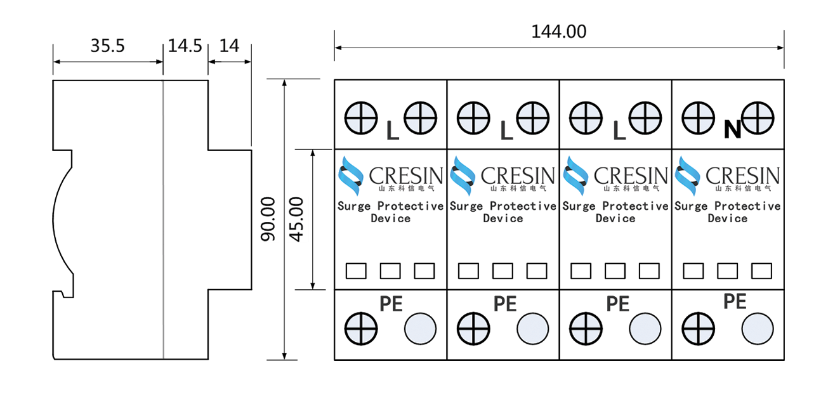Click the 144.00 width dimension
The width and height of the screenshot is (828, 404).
pyautogui.click(x=558, y=32)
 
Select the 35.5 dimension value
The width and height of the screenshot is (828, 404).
pyautogui.click(x=108, y=46)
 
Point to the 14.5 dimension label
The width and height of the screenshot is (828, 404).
pyautogui.click(x=185, y=46)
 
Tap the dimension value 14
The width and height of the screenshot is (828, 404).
pyautogui.click(x=229, y=46)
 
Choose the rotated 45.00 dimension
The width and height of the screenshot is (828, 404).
pyautogui.click(x=297, y=219)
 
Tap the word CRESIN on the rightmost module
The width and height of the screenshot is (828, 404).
pyautogui.click(x=742, y=175)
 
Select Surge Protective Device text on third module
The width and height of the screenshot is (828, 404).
pyautogui.click(x=615, y=212)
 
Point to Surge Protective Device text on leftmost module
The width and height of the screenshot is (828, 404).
pyautogui.click(x=390, y=212)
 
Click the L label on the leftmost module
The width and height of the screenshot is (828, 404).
pyautogui.click(x=393, y=130)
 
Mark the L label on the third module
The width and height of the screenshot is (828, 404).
pyautogui.click(x=620, y=130)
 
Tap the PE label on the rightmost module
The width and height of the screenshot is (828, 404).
pyautogui.click(x=735, y=301)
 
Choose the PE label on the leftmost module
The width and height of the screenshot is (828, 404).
pyautogui.click(x=391, y=303)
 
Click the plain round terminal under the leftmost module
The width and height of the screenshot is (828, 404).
pyautogui.click(x=420, y=329)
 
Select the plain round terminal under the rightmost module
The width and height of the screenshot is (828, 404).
pyautogui.click(x=758, y=329)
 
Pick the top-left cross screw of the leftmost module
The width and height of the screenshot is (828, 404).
pyautogui.click(x=361, y=118)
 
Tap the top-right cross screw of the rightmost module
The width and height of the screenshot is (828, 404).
pyautogui.click(x=758, y=118)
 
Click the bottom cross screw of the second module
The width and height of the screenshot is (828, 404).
pyautogui.click(x=473, y=329)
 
